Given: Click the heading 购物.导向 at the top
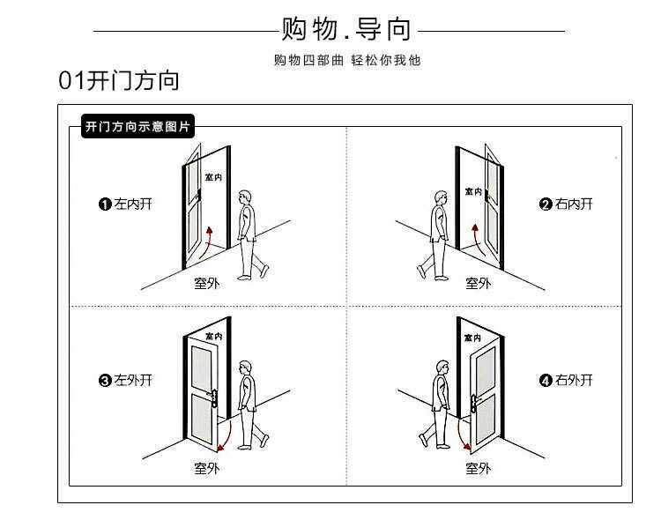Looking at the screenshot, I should click(x=346, y=30).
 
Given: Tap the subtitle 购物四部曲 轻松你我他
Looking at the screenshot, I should click(x=346, y=61).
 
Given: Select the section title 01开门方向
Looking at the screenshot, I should click(x=118, y=81).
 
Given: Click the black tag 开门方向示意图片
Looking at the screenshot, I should click(x=137, y=127).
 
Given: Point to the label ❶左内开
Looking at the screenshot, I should click(x=126, y=204).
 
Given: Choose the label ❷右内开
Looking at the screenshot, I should click(x=566, y=204).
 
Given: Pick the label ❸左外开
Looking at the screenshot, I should click(x=126, y=381).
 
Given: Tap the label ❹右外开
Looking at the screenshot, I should click(x=566, y=381).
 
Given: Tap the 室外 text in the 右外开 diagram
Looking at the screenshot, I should click(x=478, y=468).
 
